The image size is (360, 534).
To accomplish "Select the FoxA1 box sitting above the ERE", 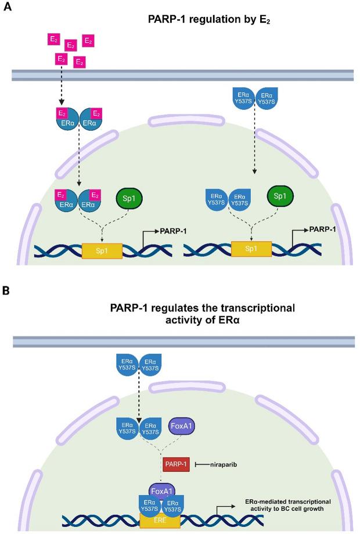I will tap(163, 490).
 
